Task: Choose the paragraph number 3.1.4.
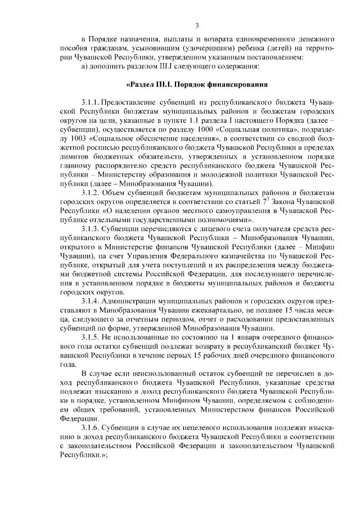point(91,301)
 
